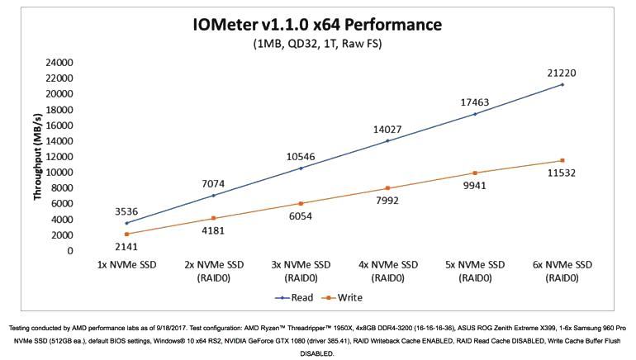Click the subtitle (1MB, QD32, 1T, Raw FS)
point(317,43)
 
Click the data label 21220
point(562,73)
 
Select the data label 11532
point(562,174)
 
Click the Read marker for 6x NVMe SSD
point(562,84)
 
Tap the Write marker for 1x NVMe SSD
point(126,234)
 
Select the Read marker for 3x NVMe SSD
point(301,168)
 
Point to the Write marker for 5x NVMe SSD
point(475,173)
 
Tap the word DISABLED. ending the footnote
point(317,353)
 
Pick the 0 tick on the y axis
point(70,250)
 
